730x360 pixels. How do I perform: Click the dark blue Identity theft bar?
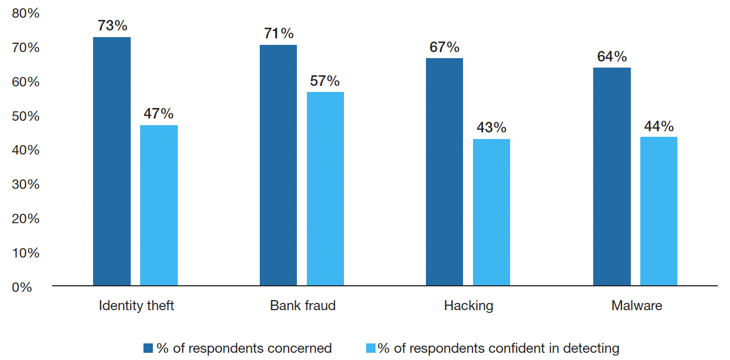click(x=112, y=161)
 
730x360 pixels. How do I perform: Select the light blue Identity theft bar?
click(x=159, y=205)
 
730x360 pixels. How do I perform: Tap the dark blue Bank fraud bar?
click(x=278, y=165)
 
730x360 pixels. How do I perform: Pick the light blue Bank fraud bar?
click(x=325, y=189)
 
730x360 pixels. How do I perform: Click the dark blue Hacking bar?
click(x=444, y=172)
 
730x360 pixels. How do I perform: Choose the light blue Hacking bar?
click(x=491, y=212)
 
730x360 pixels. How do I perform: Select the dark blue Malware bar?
click(x=611, y=177)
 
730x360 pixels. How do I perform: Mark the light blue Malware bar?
click(x=659, y=211)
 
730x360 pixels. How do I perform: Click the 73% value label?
click(x=112, y=25)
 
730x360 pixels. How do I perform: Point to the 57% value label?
click(x=325, y=81)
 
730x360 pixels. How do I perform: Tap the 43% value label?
click(x=491, y=127)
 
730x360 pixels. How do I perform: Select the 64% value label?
click(x=611, y=56)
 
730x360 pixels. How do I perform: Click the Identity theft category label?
click(x=136, y=306)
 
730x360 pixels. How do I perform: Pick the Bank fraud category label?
click(x=303, y=306)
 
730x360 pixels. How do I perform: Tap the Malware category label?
click(x=636, y=306)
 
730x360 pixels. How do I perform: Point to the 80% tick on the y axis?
click(x=26, y=13)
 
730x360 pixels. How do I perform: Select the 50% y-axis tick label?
click(x=26, y=116)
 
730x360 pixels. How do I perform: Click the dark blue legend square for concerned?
click(x=148, y=348)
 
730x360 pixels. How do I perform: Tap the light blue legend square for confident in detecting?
click(x=371, y=348)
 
